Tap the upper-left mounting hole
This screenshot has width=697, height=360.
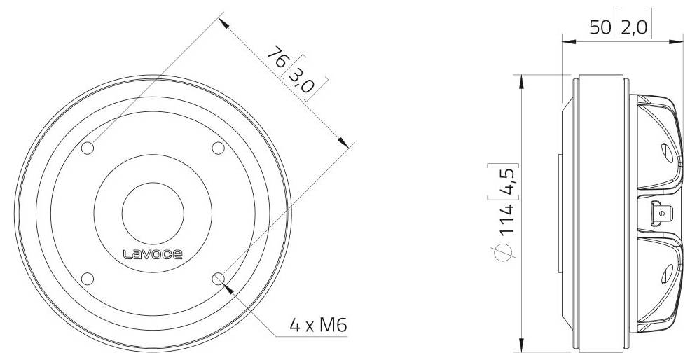88,148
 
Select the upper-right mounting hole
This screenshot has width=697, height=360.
217,148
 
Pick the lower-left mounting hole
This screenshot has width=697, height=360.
88,278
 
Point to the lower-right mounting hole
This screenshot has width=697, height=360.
217,278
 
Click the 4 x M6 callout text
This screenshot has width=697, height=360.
318,325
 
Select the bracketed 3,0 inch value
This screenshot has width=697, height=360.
299,78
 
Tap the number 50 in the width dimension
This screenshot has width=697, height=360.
600,27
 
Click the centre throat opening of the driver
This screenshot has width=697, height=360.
153,214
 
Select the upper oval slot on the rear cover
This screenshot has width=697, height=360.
665,149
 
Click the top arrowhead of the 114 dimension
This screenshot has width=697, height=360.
520,78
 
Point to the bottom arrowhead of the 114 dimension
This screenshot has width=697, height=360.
520,346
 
